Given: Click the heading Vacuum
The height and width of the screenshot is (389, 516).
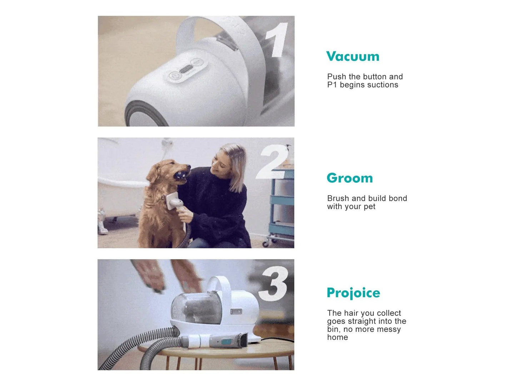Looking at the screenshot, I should point(352,56).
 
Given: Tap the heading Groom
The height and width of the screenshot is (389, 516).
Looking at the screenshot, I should point(350,178).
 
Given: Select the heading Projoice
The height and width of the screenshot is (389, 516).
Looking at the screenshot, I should point(353,293).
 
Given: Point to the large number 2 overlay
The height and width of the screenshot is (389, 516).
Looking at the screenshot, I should point(272,162).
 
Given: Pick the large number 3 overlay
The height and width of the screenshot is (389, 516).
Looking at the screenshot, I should point(274,284).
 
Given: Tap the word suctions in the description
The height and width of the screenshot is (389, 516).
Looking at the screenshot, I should point(384,85).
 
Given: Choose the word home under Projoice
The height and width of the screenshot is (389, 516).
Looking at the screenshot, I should point(337,338).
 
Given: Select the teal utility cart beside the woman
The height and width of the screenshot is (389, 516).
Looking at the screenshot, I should point(282,207).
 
